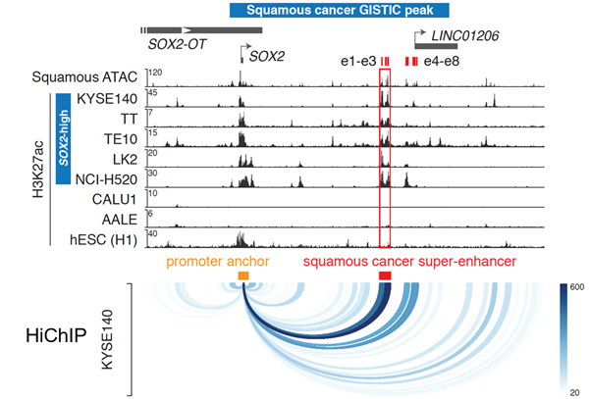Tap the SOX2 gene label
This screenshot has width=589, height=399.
pos(266,56)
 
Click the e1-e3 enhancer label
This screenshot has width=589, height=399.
pos(359,62)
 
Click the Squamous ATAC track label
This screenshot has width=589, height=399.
pos(87,76)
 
